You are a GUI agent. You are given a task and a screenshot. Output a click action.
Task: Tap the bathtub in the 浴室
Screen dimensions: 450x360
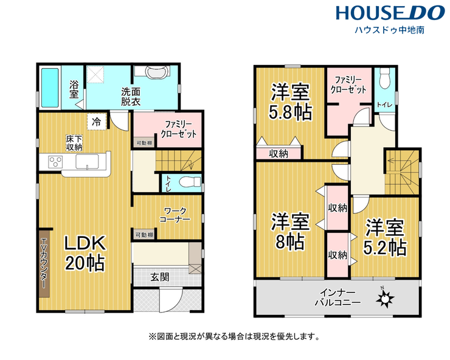[x=50, y=88]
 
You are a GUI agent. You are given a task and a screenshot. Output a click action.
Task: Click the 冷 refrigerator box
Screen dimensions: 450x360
[x=97, y=122]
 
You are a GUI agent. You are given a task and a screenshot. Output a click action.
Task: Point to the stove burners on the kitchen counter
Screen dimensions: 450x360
[x=56, y=162]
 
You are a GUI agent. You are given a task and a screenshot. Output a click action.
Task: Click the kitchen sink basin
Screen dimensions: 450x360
[x=87, y=162]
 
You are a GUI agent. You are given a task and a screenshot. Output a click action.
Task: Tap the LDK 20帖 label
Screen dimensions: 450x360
[x=85, y=253]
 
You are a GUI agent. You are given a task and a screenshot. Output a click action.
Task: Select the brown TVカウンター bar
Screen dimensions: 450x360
[x=44, y=263]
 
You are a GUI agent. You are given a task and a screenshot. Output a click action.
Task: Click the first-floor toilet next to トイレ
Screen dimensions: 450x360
[x=190, y=182]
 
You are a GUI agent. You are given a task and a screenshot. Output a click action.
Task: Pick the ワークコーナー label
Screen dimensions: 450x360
[x=175, y=215]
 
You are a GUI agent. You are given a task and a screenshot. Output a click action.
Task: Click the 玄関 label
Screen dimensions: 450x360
[x=160, y=277]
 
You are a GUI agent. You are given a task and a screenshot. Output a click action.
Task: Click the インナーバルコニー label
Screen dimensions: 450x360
[x=337, y=298]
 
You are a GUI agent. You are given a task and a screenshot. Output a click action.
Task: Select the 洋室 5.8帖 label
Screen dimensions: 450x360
[x=291, y=102]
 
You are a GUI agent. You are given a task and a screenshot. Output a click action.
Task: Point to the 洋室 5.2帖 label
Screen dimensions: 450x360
[x=384, y=237]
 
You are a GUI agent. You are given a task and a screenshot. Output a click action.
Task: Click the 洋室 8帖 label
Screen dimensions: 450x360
[x=291, y=231]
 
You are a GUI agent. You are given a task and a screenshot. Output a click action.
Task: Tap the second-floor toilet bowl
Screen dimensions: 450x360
[x=384, y=79]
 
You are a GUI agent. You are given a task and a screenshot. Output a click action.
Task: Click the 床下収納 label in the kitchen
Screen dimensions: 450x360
[x=74, y=144]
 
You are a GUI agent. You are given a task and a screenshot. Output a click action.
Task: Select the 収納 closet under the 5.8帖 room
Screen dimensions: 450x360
[x=279, y=154]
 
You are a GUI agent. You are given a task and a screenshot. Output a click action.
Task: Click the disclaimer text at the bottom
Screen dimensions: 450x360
[x=234, y=336]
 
